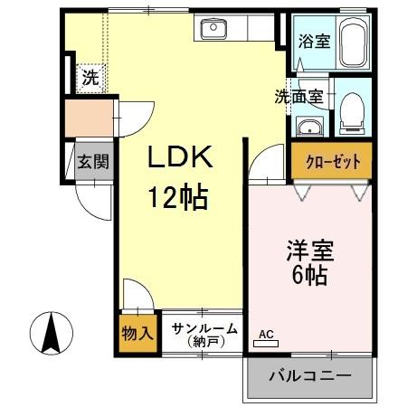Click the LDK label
tap(180, 158)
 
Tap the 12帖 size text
tap(180, 195)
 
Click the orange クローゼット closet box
tap(332, 163)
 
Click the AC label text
tap(266, 334)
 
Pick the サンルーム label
tap(204, 329)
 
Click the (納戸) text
tap(204, 342)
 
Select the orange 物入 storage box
tap(137, 332)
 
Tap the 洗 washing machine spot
tap(90, 78)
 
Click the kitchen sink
tap(215, 30)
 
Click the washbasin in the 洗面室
tap(308, 125)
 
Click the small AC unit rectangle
tap(269, 344)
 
